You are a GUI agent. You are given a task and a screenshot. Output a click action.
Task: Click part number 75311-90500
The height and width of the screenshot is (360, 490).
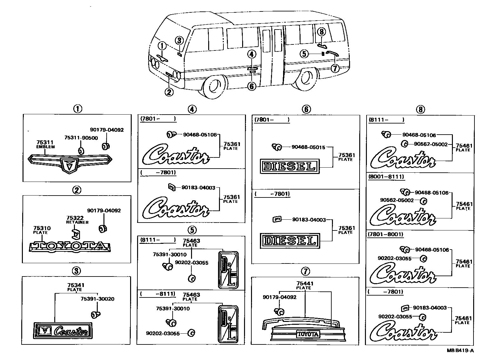coord(81,137)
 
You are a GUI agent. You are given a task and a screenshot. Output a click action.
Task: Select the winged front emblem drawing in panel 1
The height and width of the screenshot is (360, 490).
coord(70,162)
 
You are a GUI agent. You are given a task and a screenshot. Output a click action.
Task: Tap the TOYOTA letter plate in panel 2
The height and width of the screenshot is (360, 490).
coord(70,246)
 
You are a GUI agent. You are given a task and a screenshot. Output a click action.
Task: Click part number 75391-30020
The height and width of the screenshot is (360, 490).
coord(97,299)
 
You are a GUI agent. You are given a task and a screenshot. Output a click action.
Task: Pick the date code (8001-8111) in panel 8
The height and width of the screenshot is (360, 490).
coord(386,177)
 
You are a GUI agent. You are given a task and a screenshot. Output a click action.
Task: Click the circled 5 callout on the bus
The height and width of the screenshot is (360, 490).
coord(304,54)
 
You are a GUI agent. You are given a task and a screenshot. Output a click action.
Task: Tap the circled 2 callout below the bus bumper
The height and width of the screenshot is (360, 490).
coord(169,92)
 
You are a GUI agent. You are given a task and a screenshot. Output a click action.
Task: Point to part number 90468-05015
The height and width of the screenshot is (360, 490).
coord(308,147)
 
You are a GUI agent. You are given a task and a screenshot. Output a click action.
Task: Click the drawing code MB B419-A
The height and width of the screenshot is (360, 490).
coord(460,350)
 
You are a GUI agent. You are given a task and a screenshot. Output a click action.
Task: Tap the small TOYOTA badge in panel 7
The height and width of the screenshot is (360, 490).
coord(308,334)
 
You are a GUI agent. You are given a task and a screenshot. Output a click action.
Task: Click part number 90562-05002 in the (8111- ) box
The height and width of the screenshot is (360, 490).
coord(431,144)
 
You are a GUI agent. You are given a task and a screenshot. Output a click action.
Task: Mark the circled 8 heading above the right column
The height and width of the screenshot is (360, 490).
coord(420,110)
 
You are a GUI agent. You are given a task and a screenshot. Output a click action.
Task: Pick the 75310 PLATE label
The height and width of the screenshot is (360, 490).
coord(41,230)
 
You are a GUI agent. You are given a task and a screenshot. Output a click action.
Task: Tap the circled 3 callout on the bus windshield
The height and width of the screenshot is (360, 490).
coord(179,40)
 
